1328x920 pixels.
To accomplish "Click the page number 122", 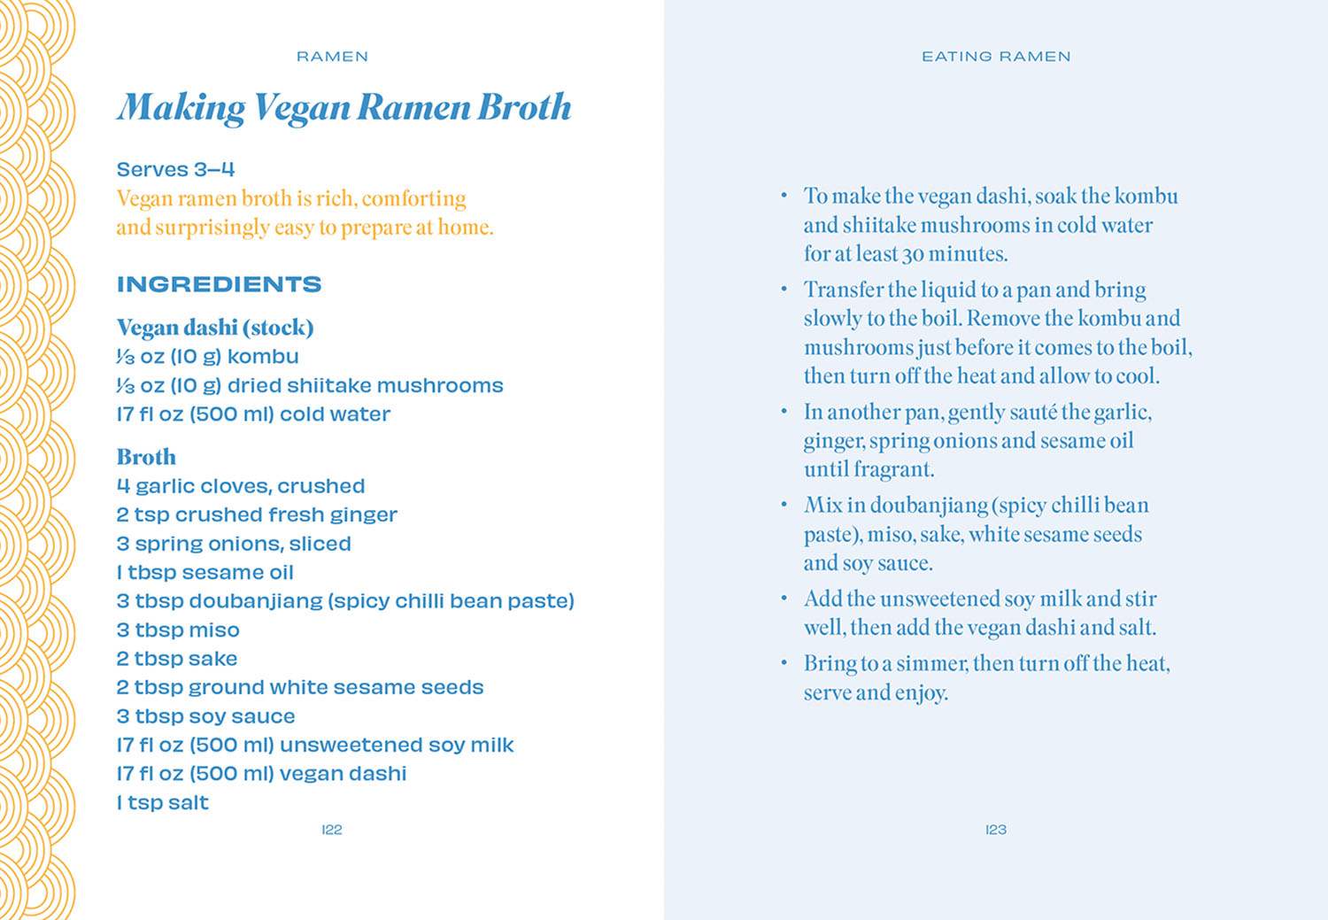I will [332, 830].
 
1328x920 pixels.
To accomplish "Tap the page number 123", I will [996, 830].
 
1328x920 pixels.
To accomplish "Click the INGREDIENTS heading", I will [219, 284].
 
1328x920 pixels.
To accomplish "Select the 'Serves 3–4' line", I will [175, 169].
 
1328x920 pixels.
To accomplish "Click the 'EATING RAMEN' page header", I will [996, 57].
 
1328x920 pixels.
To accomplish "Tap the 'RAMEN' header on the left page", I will [332, 57].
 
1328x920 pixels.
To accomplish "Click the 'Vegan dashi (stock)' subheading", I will [215, 328].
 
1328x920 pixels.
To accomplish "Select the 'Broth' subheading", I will [146, 457].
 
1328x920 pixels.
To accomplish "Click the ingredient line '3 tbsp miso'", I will [178, 630].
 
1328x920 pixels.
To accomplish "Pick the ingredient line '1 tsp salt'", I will [163, 803].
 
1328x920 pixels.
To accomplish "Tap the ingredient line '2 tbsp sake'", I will [177, 659].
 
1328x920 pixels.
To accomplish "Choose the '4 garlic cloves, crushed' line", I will [241, 486].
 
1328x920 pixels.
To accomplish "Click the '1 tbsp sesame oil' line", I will [205, 573].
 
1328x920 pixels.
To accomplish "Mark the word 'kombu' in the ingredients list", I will [263, 357].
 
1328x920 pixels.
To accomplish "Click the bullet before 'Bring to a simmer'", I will [784, 662].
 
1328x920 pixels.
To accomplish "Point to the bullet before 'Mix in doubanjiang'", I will [784, 505].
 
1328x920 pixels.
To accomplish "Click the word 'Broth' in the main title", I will [525, 108].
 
